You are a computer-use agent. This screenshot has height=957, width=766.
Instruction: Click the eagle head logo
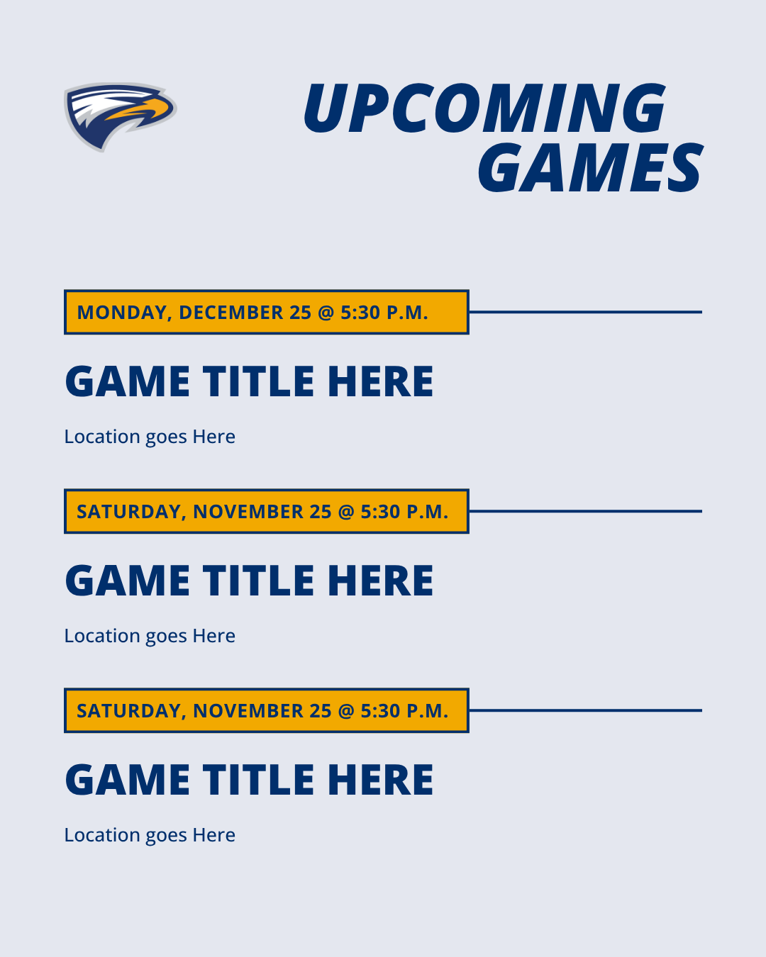tap(119, 116)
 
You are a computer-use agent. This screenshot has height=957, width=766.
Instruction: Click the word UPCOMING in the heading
tap(484, 108)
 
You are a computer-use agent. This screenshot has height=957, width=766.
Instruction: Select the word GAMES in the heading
tap(589, 169)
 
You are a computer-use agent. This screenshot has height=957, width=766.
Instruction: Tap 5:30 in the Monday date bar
tap(360, 313)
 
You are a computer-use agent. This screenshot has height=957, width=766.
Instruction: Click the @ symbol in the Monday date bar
tap(326, 313)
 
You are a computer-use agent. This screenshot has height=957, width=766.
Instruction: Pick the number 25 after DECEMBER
tap(301, 313)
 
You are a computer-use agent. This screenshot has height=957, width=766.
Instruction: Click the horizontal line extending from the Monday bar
tap(585, 312)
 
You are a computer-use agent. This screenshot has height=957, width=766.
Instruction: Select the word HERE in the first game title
tap(380, 382)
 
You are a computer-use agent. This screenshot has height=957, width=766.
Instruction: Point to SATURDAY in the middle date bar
tap(128, 512)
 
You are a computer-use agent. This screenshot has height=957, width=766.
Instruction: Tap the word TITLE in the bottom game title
tap(259, 780)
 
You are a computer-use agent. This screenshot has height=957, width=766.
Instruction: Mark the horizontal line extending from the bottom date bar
tap(585, 710)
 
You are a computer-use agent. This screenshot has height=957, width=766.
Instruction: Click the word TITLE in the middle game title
tap(259, 581)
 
